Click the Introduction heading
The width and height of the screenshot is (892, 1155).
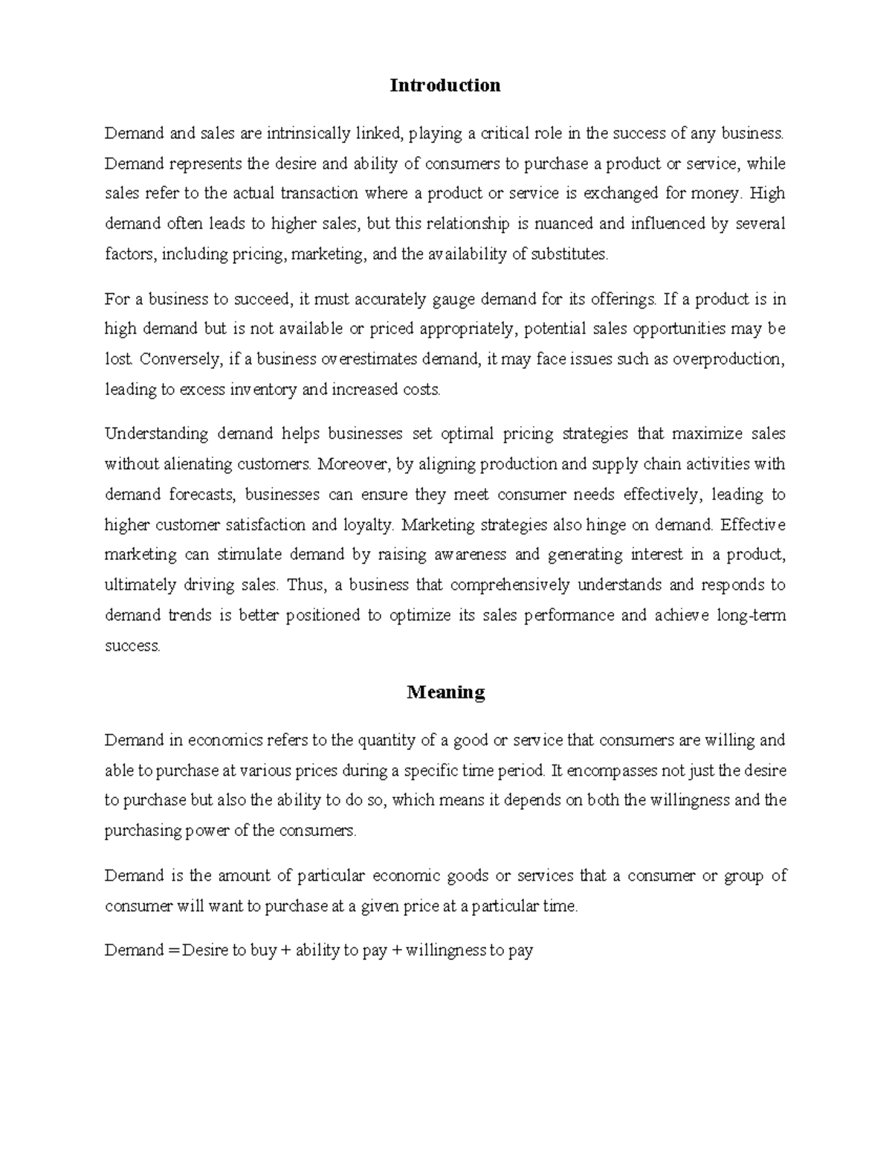(445, 86)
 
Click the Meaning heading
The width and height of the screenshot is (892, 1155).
(445, 692)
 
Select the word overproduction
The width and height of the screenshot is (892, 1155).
(728, 359)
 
